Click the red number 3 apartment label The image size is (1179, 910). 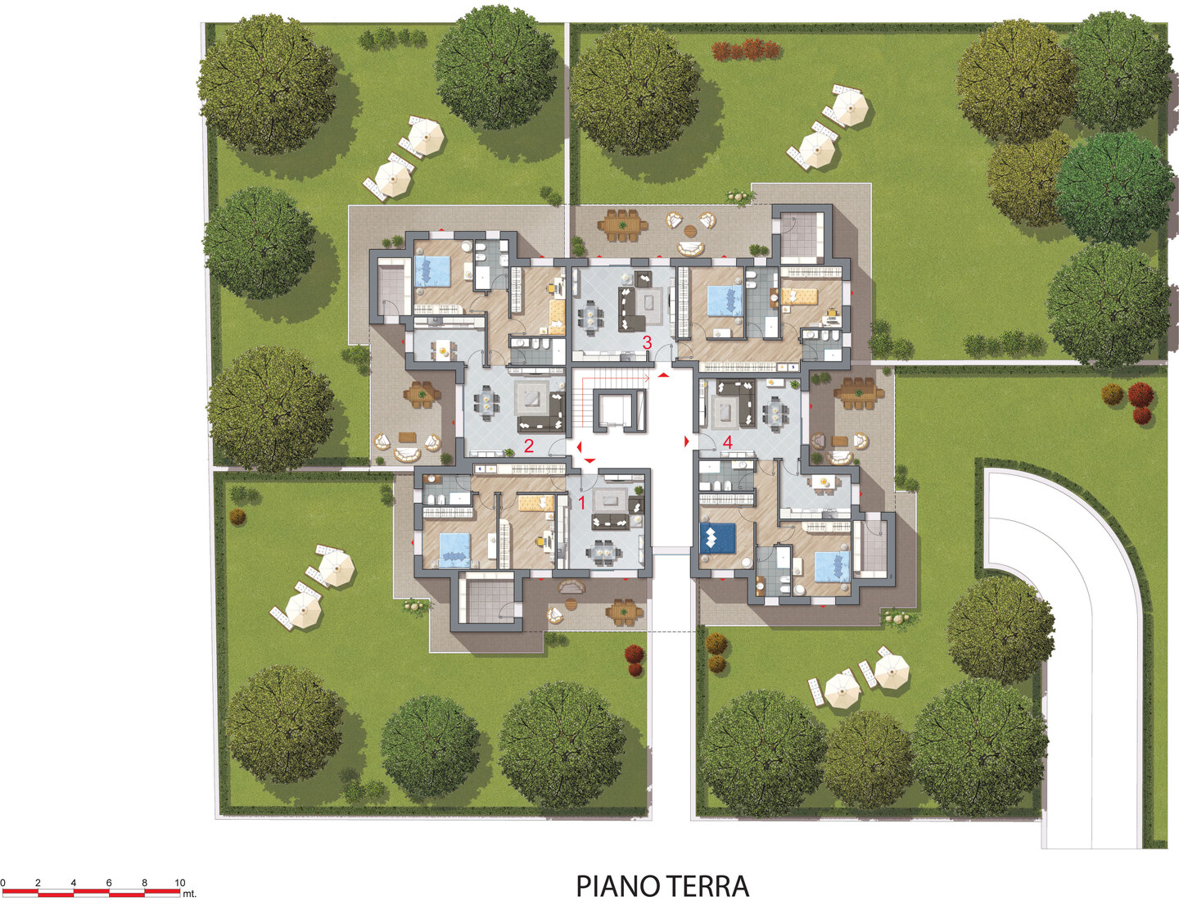pyautogui.click(x=647, y=342)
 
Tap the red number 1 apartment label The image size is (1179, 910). pyautogui.click(x=582, y=502)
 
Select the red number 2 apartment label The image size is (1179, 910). pyautogui.click(x=528, y=446)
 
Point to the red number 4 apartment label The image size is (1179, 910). pyautogui.click(x=728, y=442)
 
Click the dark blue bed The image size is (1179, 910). pyautogui.click(x=717, y=538)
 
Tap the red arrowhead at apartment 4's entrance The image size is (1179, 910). pyautogui.click(x=687, y=441)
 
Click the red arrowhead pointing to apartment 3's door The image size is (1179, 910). pyautogui.click(x=663, y=374)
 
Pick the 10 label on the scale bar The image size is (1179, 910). pyautogui.click(x=179, y=883)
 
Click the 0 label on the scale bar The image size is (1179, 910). pyautogui.click(x=2, y=883)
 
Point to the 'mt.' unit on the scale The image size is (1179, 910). pyautogui.click(x=189, y=894)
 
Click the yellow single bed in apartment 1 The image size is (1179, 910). pyautogui.click(x=536, y=504)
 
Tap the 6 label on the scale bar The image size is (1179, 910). pyautogui.click(x=109, y=883)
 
